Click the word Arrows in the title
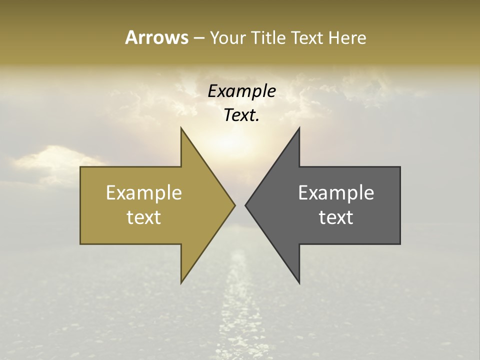pyautogui.click(x=156, y=37)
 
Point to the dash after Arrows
pyautogui.click(x=198, y=38)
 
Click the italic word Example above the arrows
pyautogui.click(x=242, y=91)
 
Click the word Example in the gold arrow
pyautogui.click(x=144, y=193)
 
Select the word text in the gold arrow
pyautogui.click(x=144, y=217)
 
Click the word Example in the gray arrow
pyautogui.click(x=336, y=193)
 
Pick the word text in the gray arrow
pyautogui.click(x=336, y=217)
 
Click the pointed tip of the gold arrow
pyautogui.click(x=234, y=205)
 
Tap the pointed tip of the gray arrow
pyautogui.click(x=246, y=205)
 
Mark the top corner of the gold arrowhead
pyautogui.click(x=181, y=128)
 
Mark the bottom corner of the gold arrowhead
pyautogui.click(x=181, y=282)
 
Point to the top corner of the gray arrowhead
pyautogui.click(x=299, y=128)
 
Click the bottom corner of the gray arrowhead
pyautogui.click(x=299, y=282)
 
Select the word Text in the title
pyautogui.click(x=307, y=37)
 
